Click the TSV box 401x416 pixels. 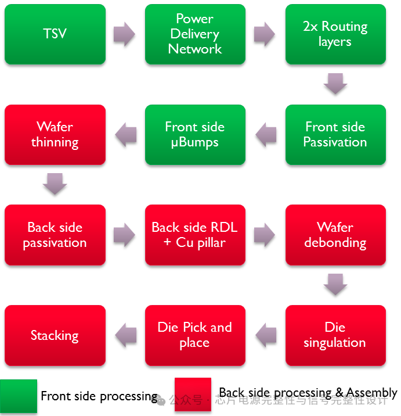pos(55,34)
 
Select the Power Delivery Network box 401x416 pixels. pos(195,34)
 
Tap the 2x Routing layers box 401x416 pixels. pos(335,34)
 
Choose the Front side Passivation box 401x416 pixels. pos(335,134)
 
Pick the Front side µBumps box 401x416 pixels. pos(195,134)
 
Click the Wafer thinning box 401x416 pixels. pos(55,134)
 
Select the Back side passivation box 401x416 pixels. pos(55,235)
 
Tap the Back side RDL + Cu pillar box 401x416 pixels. pos(195,235)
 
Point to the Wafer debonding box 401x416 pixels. pos(335,235)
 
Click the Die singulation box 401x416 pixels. pos(335,335)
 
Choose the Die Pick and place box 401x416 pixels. pos(195,335)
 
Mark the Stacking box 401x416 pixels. pos(55,335)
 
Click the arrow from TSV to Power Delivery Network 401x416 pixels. pos(125,34)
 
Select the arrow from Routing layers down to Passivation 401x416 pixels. pos(335,84)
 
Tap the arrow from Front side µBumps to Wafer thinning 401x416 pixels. pos(125,135)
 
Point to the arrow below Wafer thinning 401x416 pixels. pos(55,184)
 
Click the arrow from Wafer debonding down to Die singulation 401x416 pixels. pos(335,285)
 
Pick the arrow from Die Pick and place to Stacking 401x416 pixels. pos(125,335)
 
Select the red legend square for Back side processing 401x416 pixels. pos(193,395)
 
